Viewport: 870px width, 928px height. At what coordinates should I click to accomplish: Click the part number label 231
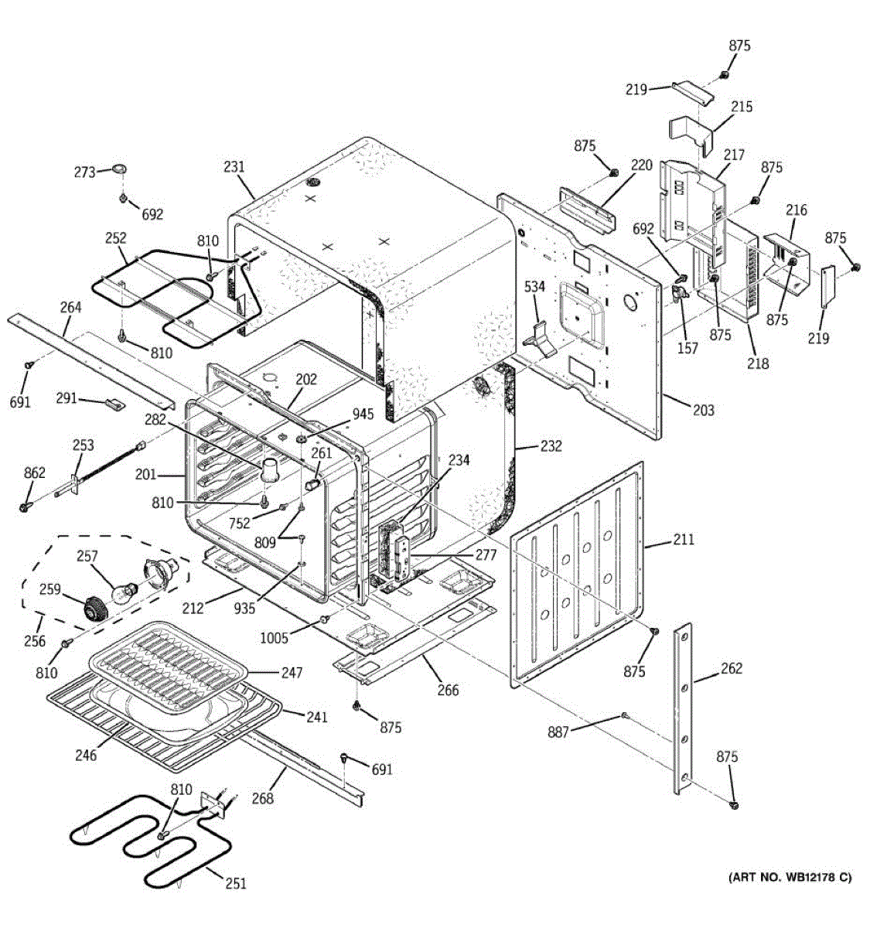[234, 166]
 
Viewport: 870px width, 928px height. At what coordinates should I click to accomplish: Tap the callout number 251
[236, 882]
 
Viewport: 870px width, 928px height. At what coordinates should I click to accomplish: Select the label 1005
[275, 637]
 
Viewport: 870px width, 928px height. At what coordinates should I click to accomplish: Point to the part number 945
[363, 414]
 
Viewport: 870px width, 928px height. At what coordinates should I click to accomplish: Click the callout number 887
[558, 731]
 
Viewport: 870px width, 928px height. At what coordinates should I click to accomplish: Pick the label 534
[534, 287]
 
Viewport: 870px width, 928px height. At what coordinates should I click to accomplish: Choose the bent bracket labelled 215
[691, 131]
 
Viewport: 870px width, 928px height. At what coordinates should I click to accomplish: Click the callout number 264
[70, 307]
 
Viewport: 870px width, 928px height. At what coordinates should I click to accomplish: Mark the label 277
[486, 555]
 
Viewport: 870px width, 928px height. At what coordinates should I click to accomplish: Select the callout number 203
[703, 410]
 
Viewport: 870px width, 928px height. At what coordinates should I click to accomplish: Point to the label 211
[684, 539]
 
